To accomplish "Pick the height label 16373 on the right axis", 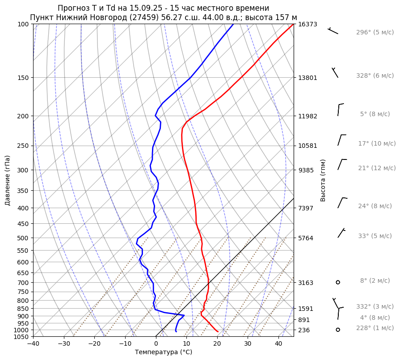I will point(307,24).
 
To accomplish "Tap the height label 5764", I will point(306,238).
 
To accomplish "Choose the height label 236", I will point(304,330).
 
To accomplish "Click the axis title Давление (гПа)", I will point(8,180).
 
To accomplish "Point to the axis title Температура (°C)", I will point(164,352).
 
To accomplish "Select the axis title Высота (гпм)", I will point(323,180).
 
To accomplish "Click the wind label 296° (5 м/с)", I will point(375,33).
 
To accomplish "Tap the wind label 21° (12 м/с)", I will point(377,168).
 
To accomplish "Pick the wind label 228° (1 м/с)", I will point(375,328).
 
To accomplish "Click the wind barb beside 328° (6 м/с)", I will point(335,73).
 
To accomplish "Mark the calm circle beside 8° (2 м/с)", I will point(338,282).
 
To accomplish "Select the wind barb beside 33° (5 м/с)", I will point(341,233).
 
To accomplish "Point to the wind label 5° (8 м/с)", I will point(377,114).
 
